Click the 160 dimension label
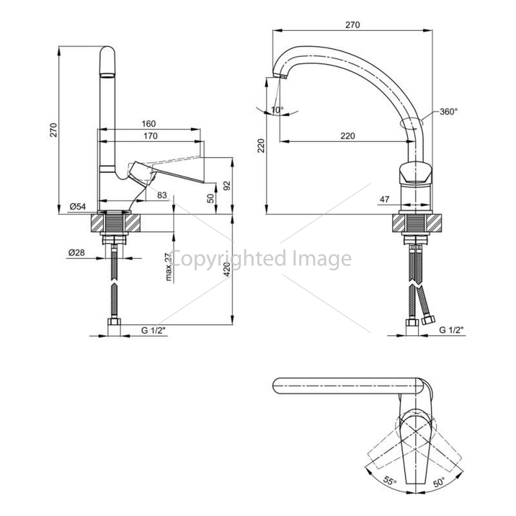point(148,124)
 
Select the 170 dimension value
point(150,136)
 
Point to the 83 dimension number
point(162,195)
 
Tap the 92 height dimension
point(227,185)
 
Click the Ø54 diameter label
point(77,206)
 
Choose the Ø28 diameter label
point(77,253)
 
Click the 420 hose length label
point(227,269)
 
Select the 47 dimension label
point(384,199)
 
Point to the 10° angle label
point(277,110)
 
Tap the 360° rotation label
point(449,111)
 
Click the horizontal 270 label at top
point(352,25)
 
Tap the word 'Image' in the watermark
point(322,259)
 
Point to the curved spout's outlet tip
point(279,76)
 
